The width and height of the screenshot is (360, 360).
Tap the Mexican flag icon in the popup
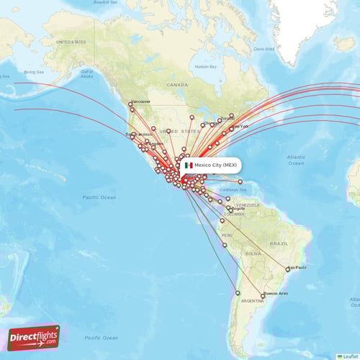189,165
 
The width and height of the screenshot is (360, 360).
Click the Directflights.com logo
34,337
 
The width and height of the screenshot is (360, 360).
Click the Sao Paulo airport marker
288,270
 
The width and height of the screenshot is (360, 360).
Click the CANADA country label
177,84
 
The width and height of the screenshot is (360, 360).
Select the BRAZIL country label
279,244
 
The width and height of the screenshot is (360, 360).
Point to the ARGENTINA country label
251,300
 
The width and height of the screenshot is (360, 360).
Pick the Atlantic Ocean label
295,160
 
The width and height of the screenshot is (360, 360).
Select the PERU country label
227,235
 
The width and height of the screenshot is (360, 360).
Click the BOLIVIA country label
252,253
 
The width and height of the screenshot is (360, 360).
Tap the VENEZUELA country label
246,204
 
